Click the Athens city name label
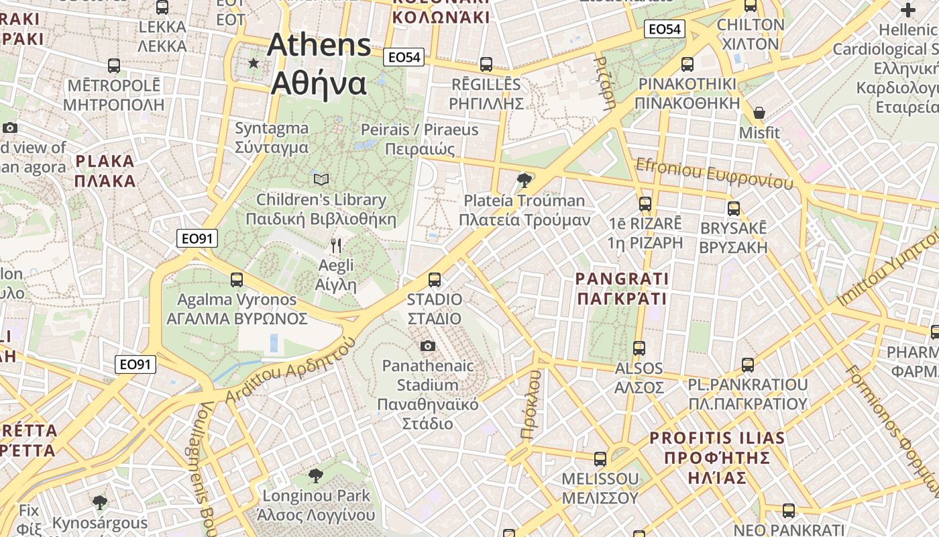[x=319, y=64]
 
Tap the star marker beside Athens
[x=254, y=63]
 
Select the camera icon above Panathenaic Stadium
[x=427, y=346]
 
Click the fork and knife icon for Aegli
[x=336, y=246]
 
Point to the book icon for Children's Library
[x=321, y=179]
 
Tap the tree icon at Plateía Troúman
[x=524, y=180]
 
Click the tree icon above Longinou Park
[x=315, y=476]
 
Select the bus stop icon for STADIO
[x=435, y=279]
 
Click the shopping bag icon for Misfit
[x=759, y=112]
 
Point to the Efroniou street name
[x=714, y=173]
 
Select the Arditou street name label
[x=290, y=371]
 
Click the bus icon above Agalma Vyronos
[x=236, y=279]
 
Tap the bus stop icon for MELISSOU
[x=600, y=459]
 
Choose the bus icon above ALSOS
[x=639, y=348]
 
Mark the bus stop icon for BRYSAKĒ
[x=734, y=208]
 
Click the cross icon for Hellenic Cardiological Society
[x=908, y=10]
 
